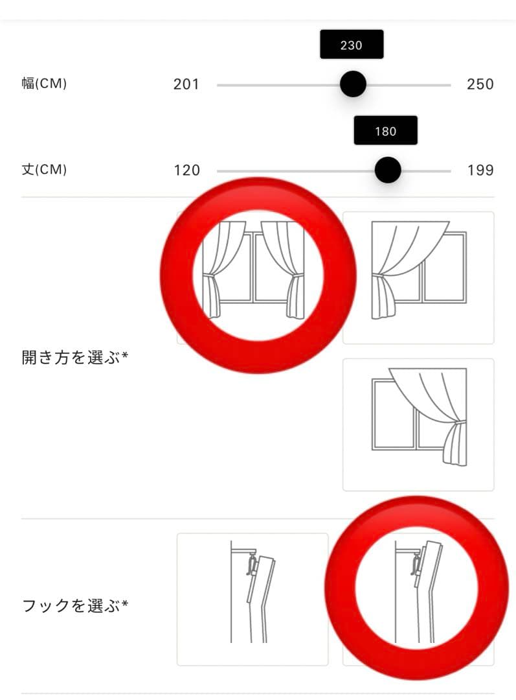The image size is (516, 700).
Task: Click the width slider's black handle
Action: coord(353,84)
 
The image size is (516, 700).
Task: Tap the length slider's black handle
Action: coord(387,170)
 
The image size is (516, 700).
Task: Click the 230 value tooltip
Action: coord(352,45)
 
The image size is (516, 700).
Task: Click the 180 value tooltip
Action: coord(385,131)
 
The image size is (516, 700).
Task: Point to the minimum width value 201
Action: coord(186,84)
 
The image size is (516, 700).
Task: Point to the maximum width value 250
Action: coord(480,84)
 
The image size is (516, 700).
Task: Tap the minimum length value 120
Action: coord(187,170)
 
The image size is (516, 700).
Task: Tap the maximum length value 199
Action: coord(480,170)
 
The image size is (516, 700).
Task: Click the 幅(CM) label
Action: coord(44,84)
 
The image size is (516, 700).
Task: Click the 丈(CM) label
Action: coord(44,170)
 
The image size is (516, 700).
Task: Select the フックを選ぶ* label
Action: coord(75,606)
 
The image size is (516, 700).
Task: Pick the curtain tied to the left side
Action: coord(418,277)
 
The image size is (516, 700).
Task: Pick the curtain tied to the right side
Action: coord(418,425)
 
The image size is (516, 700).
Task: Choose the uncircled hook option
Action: coord(252,599)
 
